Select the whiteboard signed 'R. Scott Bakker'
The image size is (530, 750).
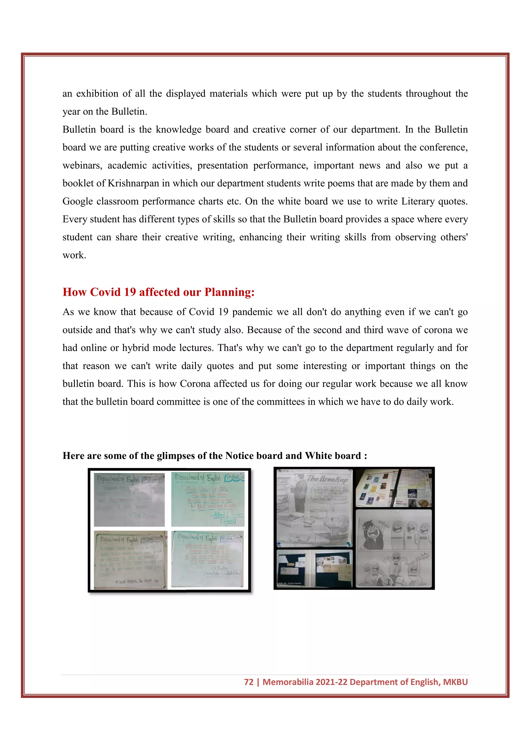pyautogui.click(x=130, y=560)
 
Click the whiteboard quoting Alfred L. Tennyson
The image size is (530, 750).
pyautogui.click(x=208, y=499)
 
